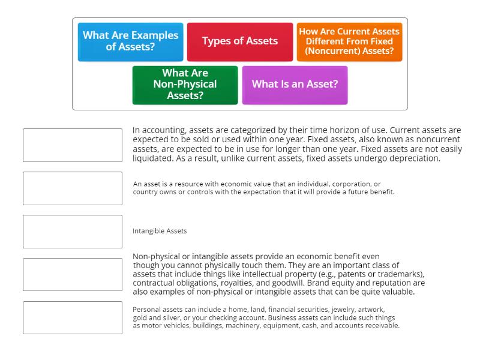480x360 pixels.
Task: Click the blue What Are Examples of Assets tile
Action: click(130, 41)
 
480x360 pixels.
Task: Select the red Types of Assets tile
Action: click(240, 41)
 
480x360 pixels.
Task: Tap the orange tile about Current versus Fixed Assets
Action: click(349, 41)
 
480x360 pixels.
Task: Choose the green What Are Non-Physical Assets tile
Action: click(185, 85)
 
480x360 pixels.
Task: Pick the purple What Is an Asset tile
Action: click(295, 85)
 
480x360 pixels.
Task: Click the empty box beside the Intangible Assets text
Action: click(73, 231)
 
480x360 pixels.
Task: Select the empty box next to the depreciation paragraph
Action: click(73, 145)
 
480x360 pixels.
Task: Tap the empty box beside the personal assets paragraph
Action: click(73, 317)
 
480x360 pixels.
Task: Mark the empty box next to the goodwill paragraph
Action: click(73, 274)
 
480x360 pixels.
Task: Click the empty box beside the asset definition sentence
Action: click(73, 188)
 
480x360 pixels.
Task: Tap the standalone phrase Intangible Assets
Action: click(160, 231)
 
